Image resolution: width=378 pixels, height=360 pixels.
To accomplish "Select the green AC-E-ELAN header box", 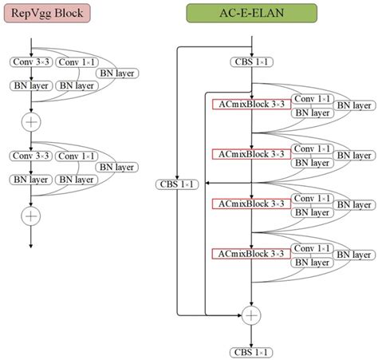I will click(251, 14).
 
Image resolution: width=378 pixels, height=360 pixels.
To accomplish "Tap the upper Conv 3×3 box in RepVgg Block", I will click(30, 62).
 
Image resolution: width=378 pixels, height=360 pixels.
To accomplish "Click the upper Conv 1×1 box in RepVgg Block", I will click(77, 62).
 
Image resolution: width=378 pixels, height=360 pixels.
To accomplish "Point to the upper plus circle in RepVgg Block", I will click(30, 121).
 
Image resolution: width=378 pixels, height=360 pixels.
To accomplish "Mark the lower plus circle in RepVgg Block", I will click(30, 215).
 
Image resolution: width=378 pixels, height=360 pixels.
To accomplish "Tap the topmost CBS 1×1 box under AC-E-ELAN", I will click(252, 61).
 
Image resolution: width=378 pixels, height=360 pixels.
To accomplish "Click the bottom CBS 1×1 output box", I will click(252, 350).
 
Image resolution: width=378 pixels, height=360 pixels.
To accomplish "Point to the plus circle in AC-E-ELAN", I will click(252, 316).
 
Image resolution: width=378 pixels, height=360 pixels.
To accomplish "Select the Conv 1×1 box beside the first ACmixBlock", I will click(312, 97).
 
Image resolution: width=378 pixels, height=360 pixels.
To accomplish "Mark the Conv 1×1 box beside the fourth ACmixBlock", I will click(312, 247).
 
